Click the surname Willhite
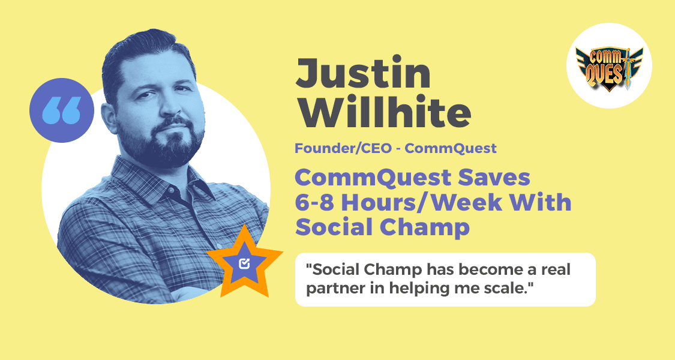click(383, 113)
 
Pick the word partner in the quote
click(331, 288)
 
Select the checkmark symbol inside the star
click(244, 263)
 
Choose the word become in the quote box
click(457, 269)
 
